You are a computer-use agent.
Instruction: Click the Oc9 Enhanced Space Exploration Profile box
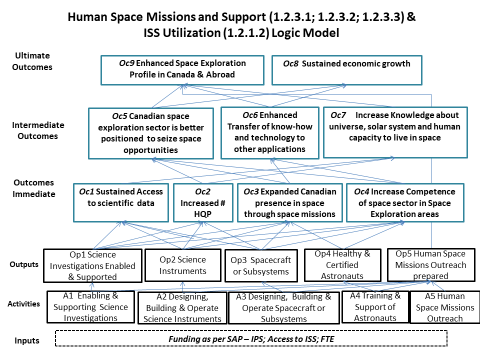tap(184, 69)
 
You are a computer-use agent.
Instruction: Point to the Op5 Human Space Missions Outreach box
tap(427, 261)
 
